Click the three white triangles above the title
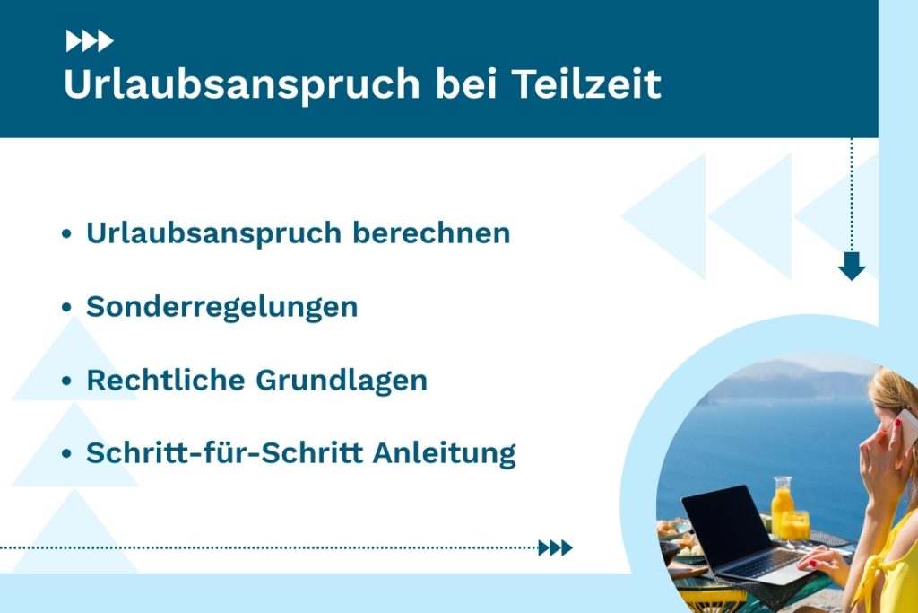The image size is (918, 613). (90, 40)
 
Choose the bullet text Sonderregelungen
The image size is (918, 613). (221, 307)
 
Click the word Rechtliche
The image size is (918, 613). (165, 380)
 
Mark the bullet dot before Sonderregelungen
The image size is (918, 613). (66, 308)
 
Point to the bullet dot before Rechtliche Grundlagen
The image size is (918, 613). (66, 381)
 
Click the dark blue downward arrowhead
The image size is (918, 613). (851, 266)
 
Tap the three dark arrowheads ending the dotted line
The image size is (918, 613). (555, 547)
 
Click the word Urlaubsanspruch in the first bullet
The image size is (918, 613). (213, 233)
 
